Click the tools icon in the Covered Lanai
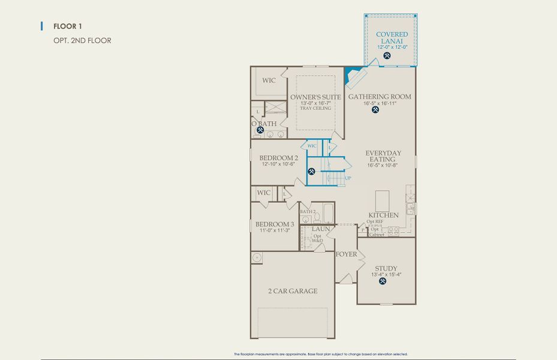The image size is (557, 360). pyautogui.click(x=387, y=56)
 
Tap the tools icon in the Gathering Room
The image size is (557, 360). pyautogui.click(x=376, y=110)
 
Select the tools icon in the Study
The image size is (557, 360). pyautogui.click(x=383, y=281)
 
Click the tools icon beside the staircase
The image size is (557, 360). pyautogui.click(x=312, y=171)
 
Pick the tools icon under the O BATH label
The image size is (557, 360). pyautogui.click(x=260, y=130)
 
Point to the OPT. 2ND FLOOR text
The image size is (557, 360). pyautogui.click(x=82, y=41)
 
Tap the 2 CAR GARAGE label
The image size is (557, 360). pyautogui.click(x=293, y=291)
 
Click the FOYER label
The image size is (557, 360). pyautogui.click(x=346, y=254)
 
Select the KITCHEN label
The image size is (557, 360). pyautogui.click(x=383, y=215)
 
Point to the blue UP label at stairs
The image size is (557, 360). pyautogui.click(x=348, y=178)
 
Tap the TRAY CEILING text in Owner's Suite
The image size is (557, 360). pyautogui.click(x=315, y=109)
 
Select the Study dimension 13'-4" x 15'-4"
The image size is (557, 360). pyautogui.click(x=386, y=274)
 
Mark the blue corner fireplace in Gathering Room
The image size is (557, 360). pyautogui.click(x=354, y=76)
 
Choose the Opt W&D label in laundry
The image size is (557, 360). pyautogui.click(x=318, y=238)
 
